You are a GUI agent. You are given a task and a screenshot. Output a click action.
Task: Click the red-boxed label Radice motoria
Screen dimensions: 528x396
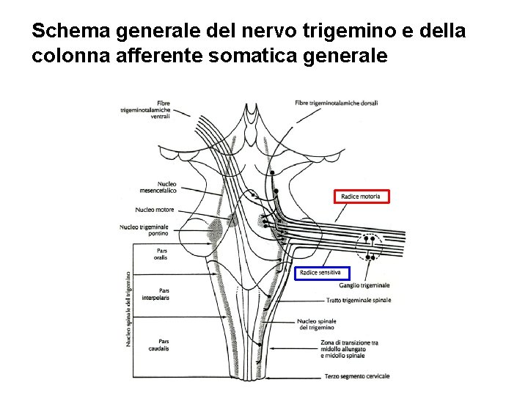pos(362,196)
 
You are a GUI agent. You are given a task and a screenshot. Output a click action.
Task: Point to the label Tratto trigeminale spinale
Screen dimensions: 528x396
pos(359,300)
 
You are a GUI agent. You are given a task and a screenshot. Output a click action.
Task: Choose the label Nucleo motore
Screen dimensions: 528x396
pos(155,209)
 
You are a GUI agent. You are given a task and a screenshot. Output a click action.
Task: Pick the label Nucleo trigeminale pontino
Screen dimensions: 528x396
pos(144,230)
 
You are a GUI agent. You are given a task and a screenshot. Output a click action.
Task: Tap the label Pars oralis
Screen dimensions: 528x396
pos(161,254)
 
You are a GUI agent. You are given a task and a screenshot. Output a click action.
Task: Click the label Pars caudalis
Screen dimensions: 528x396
pos(158,345)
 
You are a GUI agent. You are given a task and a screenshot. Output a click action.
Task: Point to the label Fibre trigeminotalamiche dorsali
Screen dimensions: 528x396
pos(336,103)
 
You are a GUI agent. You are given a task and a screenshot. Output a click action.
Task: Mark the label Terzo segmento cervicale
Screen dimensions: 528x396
pos(357,376)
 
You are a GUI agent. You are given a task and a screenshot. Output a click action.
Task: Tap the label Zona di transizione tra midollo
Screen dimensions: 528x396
pos(349,348)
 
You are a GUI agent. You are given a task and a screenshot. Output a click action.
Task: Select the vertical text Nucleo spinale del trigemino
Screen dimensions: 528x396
pos(130,308)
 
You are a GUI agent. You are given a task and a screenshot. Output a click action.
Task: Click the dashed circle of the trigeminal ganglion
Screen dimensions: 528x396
pos(371,246)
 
